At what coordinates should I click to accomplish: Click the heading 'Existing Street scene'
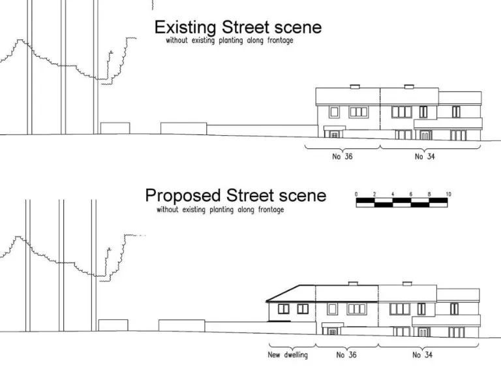point(237,27)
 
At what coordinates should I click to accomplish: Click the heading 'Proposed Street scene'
point(235,195)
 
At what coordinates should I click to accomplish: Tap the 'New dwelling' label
point(287,355)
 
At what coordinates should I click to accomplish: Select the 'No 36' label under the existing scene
point(342,157)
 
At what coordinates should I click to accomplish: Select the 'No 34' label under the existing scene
point(425,157)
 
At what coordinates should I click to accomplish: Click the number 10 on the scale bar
point(449,195)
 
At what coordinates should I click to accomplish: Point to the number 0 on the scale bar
point(356,195)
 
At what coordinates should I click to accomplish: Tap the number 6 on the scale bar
point(412,195)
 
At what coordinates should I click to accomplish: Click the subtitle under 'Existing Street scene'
point(229,40)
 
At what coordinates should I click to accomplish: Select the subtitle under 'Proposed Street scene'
point(220,210)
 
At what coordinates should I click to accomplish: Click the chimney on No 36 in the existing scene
point(355,86)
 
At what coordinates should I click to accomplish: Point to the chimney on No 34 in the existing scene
point(408,86)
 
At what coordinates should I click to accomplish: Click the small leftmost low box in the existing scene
point(115,128)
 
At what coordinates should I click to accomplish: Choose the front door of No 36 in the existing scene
point(334,134)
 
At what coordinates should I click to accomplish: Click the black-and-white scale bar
point(402,202)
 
